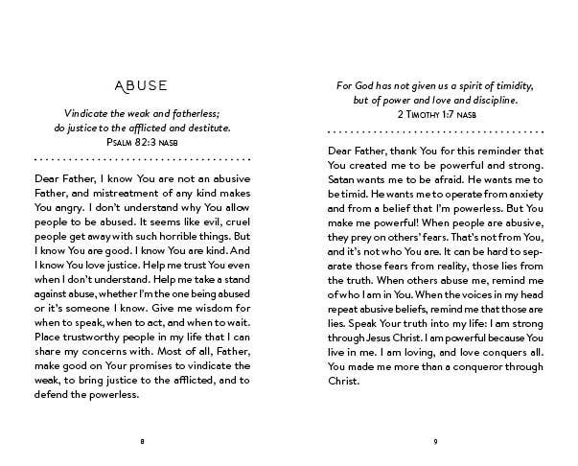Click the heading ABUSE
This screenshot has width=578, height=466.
click(142, 84)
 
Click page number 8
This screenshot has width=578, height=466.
click(142, 441)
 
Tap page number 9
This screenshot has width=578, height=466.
click(435, 441)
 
